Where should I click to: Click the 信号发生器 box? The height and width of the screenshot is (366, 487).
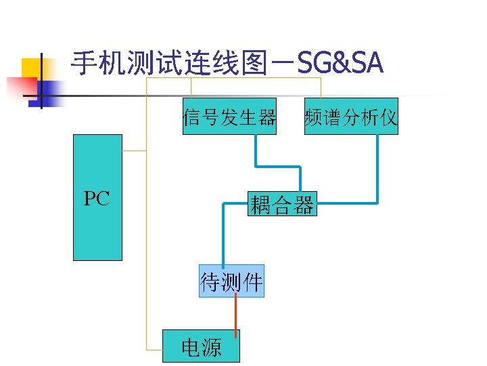tap(229, 117)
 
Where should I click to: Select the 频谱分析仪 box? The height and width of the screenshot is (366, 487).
tap(351, 117)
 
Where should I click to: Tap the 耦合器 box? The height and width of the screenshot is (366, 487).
tap(282, 203)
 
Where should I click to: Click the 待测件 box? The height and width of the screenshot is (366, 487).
tap(231, 281)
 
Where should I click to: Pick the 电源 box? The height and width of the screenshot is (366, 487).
tap(201, 346)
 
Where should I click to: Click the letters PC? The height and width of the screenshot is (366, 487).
tap(97, 199)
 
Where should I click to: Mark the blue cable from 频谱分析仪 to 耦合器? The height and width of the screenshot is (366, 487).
tap(377, 169)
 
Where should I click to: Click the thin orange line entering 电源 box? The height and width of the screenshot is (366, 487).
tap(154, 349)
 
